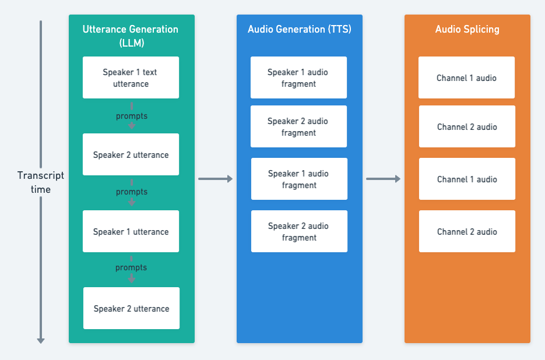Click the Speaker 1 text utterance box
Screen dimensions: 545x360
[131, 77]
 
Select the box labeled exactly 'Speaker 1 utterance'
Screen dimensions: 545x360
[131, 231]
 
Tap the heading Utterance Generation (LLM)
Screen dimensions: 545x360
[131, 36]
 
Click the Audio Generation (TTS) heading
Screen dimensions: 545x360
[299, 29]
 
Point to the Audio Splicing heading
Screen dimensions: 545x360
[467, 29]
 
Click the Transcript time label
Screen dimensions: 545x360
[41, 182]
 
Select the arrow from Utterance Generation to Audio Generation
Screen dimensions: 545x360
[216, 179]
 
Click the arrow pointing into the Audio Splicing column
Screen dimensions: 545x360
[383, 179]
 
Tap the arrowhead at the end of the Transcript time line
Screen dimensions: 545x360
[41, 341]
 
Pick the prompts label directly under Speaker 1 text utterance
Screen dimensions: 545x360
[132, 116]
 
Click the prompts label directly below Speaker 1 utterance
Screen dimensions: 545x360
[131, 267]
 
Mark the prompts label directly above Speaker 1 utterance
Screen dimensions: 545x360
[132, 192]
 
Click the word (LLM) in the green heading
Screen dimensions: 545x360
[132, 43]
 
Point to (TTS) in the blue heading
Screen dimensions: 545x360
[340, 29]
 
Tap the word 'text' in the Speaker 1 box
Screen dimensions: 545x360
[150, 72]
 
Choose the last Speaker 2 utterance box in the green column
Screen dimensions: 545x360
[131, 308]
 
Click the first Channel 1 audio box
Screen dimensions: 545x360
[466, 77]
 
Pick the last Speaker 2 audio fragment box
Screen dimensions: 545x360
[299, 231]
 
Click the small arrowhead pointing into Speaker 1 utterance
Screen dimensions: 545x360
[132, 203]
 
